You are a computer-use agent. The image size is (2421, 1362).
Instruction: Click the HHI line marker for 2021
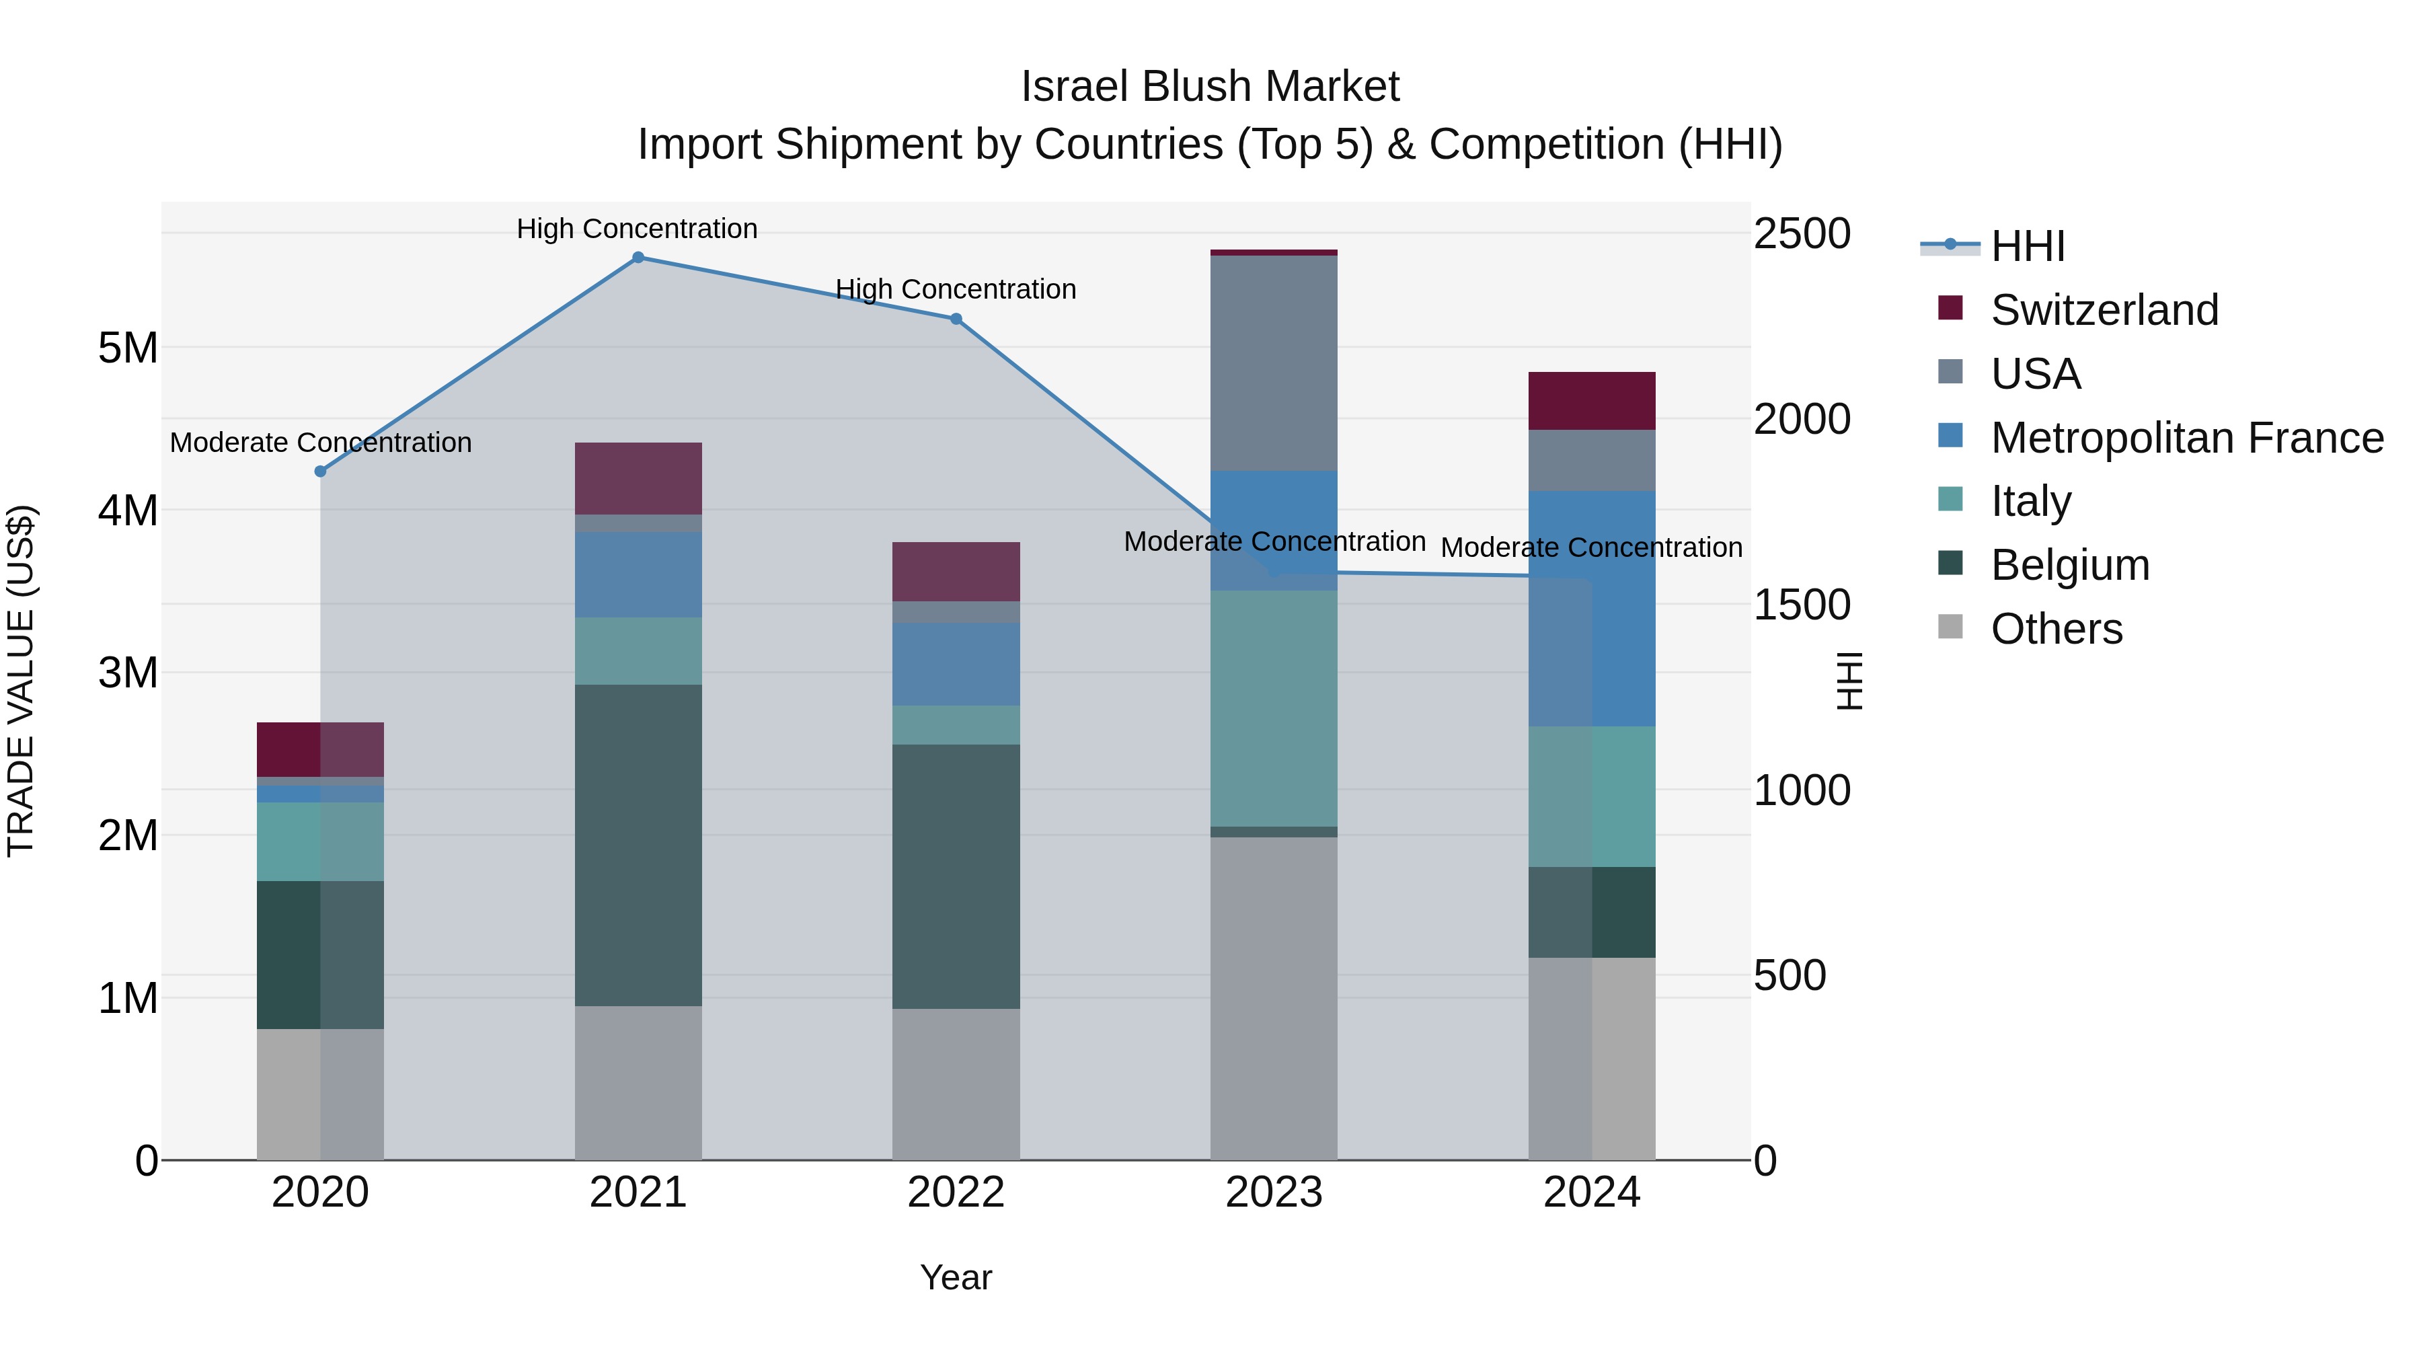(x=638, y=258)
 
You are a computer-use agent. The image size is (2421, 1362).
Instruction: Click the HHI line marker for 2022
(x=956, y=319)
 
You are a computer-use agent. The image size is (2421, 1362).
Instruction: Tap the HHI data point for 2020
(x=321, y=471)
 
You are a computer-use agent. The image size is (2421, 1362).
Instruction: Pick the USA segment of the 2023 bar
(x=1274, y=363)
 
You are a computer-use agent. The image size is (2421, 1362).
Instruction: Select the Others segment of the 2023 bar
(x=1274, y=998)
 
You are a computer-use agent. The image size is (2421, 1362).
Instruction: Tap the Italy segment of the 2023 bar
(x=1274, y=709)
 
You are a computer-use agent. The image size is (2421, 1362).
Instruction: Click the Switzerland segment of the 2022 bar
(x=956, y=572)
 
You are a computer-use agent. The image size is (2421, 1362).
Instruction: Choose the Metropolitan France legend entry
(x=2186, y=438)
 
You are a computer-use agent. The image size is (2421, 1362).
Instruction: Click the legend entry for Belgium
(x=2069, y=565)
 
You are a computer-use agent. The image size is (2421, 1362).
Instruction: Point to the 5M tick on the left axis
(x=128, y=348)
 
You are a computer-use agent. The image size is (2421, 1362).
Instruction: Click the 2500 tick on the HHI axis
(x=1802, y=233)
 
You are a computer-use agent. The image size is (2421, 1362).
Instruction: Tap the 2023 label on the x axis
(x=1274, y=1193)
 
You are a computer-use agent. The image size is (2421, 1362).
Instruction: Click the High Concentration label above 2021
(x=638, y=229)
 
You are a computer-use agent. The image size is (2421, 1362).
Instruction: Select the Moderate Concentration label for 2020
(x=321, y=442)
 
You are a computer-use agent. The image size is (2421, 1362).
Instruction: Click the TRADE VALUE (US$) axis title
(x=21, y=681)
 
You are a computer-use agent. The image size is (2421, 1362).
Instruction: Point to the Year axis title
(x=956, y=1277)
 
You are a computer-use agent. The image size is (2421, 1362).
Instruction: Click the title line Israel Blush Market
(x=1210, y=87)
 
